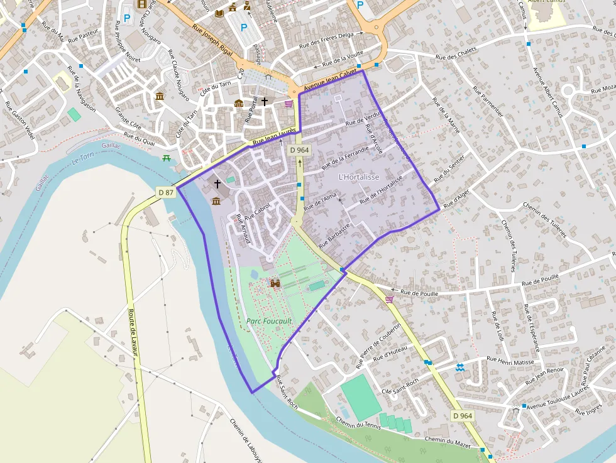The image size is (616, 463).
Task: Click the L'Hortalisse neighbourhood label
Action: pos(359,177)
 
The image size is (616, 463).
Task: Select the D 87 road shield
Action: pos(165,192)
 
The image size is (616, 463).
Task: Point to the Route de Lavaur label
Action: pos(133,332)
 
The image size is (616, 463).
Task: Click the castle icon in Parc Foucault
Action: pos(275,284)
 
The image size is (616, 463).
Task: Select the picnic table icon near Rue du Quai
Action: pos(167,158)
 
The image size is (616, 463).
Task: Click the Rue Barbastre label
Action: pos(334,235)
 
